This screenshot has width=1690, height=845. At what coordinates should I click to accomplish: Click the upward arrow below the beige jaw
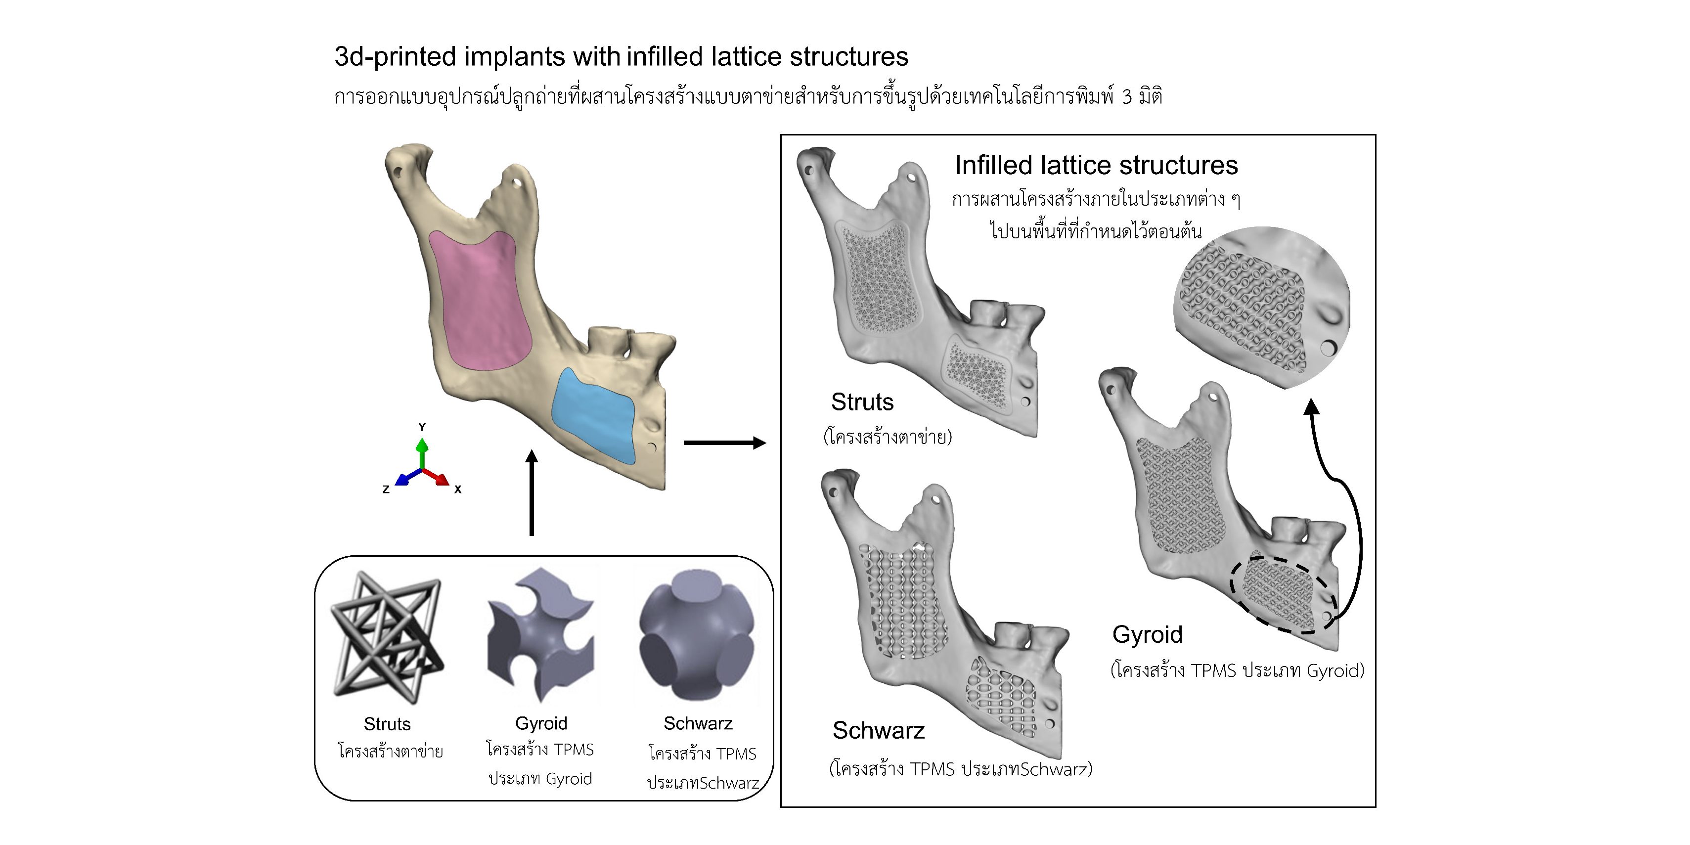[x=532, y=492]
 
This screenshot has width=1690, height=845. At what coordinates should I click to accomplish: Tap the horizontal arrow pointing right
[x=724, y=443]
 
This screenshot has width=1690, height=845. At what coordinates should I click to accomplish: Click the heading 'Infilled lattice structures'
[x=1096, y=165]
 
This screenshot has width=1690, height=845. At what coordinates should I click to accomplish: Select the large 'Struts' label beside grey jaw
[x=862, y=402]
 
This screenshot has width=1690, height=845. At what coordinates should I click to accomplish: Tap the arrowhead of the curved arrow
[x=1311, y=407]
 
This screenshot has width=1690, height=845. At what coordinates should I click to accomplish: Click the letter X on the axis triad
[x=458, y=489]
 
